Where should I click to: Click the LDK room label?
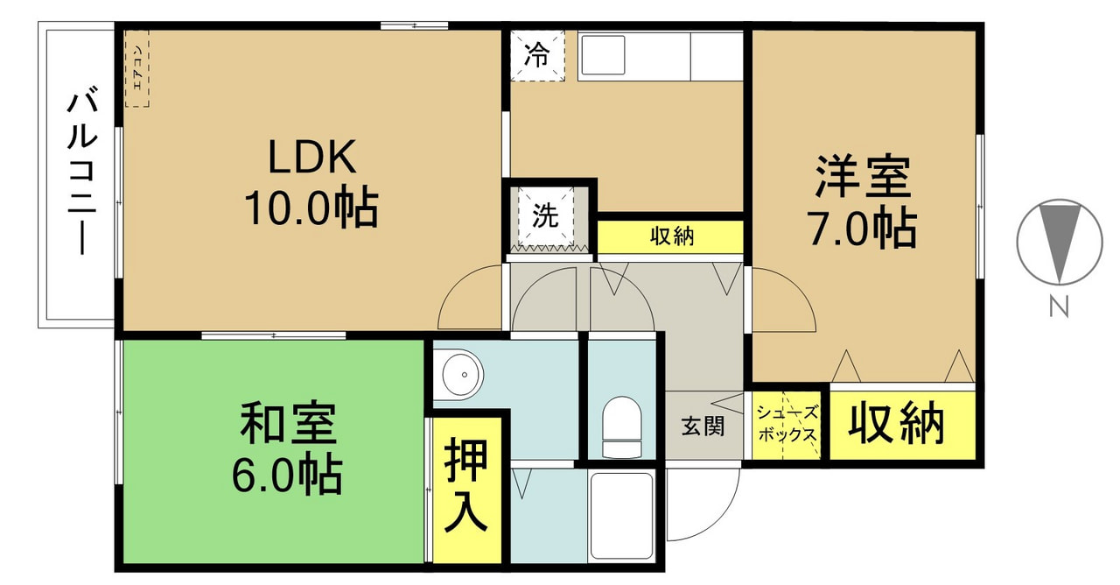[x=312, y=156]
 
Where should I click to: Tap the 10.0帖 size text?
[x=311, y=207]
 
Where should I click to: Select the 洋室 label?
[x=863, y=177]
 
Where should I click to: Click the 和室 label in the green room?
[x=288, y=422]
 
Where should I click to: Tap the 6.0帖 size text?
[x=287, y=473]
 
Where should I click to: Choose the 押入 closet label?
[x=466, y=484]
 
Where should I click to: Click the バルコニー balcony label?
[x=81, y=171]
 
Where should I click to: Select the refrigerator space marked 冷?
[x=537, y=55]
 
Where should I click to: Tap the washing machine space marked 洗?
[x=545, y=216]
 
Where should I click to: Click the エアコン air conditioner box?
[x=137, y=68]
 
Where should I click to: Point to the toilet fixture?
[x=622, y=426]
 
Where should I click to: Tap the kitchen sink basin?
[x=603, y=54]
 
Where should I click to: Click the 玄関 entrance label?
[x=703, y=426]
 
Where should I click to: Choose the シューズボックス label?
[x=787, y=424]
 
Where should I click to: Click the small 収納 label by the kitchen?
[x=672, y=236]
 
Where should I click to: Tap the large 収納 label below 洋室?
[x=896, y=425]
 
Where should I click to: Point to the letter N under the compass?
[x=1059, y=307]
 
